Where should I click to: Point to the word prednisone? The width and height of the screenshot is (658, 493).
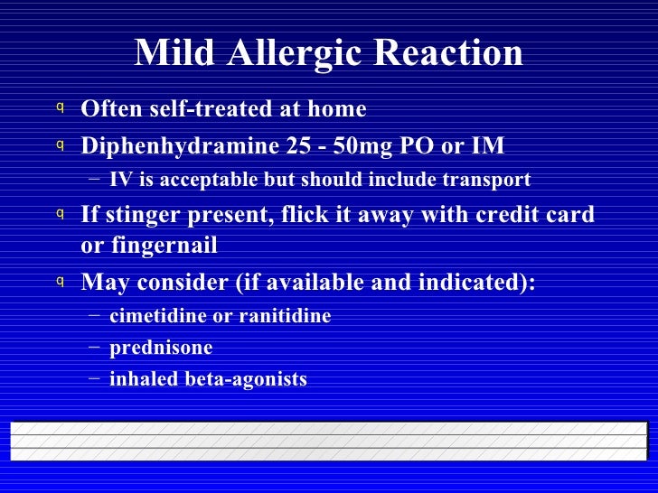(161, 348)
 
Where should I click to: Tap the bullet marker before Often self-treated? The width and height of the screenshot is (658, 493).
(60, 108)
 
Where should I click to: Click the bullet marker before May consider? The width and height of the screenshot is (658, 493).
(60, 282)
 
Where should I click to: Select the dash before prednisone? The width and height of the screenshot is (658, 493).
(95, 348)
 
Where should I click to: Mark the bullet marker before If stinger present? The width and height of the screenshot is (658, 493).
(60, 214)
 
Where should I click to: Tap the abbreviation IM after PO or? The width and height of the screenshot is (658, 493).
(488, 146)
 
